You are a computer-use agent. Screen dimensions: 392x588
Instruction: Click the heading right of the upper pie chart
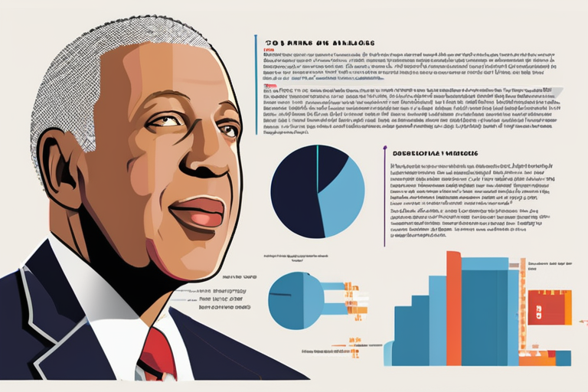point(432,153)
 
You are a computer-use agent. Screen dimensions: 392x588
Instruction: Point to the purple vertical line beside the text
point(384,195)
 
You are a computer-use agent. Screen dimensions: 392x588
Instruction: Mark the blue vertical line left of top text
point(253,84)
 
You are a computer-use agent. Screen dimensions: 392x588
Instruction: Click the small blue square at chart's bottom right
point(563,358)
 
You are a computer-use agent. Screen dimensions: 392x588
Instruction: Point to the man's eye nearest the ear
point(165,122)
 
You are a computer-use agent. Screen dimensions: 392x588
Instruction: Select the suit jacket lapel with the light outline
point(38,306)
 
